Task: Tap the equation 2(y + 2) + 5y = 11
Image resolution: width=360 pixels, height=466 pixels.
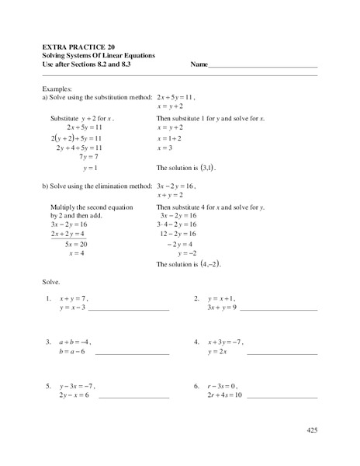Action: (78, 137)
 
